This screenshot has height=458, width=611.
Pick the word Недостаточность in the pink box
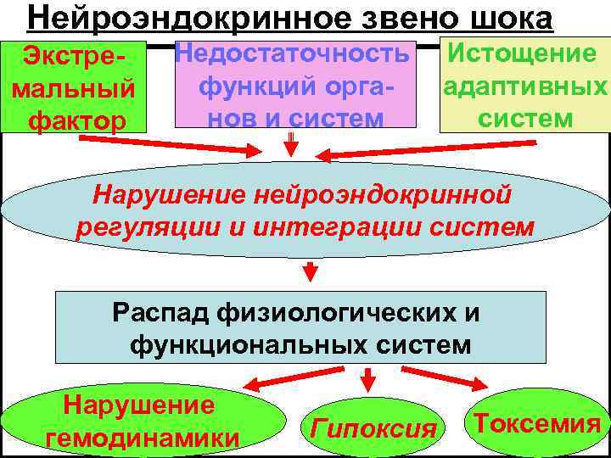coord(291,54)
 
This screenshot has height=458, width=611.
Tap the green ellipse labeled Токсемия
coord(537,422)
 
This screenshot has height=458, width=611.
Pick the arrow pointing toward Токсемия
coord(442,378)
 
